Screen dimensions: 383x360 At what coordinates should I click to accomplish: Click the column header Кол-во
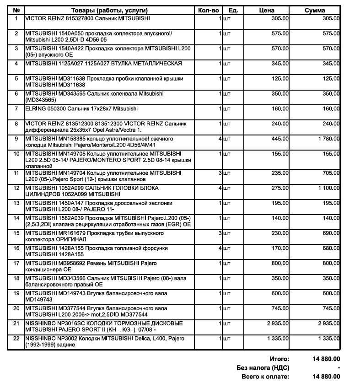pyautogui.click(x=210, y=10)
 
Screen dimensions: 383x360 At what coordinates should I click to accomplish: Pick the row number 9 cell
pyautogui.click(x=16, y=138)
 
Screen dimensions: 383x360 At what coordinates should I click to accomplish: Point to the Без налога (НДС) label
pyautogui.click(x=263, y=368)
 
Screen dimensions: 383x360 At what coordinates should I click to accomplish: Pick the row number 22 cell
pyautogui.click(x=16, y=338)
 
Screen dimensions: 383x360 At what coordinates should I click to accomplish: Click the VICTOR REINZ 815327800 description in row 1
pyautogui.click(x=87, y=18)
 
